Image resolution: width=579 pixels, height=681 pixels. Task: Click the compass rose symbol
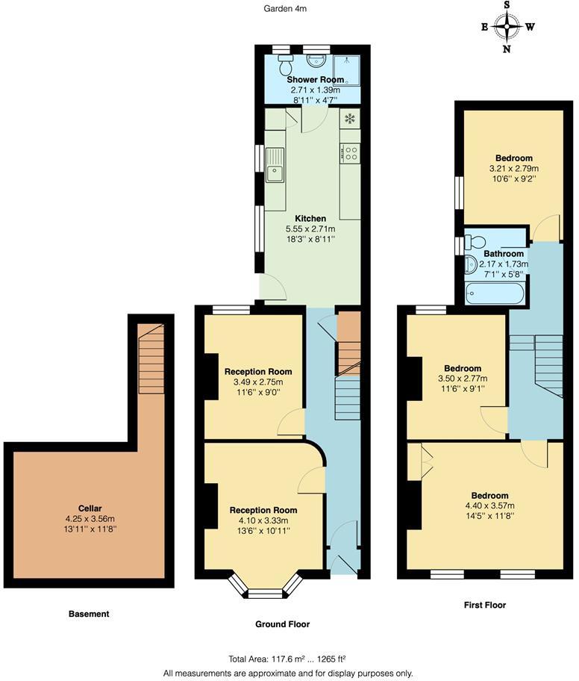pos(507,28)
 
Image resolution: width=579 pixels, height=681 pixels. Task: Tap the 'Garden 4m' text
pos(286,9)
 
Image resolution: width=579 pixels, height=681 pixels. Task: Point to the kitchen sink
pos(275,165)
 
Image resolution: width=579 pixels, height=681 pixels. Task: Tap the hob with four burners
pos(350,153)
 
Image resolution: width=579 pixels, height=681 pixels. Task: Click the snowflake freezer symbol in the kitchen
pos(349,119)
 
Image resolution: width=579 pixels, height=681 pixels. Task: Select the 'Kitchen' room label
pos(310,219)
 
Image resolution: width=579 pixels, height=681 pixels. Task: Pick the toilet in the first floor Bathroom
pos(475,242)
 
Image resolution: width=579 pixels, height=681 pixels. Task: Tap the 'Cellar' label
pos(90,508)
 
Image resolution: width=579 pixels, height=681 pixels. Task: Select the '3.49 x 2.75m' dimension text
pos(258,382)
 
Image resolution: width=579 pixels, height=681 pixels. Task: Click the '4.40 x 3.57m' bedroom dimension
pos(489,506)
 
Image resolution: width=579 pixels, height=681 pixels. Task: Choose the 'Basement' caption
pos(89,614)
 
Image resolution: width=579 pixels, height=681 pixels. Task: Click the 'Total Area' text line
pos(287,659)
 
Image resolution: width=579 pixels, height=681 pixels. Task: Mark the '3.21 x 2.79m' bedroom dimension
pos(514,169)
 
